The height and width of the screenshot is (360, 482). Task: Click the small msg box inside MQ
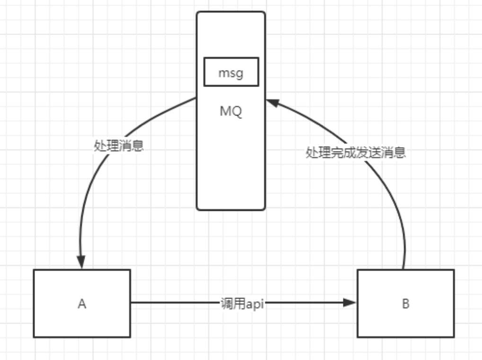231,72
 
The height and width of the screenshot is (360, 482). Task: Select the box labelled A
82,303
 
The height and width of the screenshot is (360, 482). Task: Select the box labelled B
405,303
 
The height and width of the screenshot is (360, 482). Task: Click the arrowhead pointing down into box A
81,263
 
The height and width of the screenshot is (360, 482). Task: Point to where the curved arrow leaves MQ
196,98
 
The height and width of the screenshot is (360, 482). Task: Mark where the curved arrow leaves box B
403,269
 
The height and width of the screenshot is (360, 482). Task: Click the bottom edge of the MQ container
231,210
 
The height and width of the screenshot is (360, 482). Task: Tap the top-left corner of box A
34,270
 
